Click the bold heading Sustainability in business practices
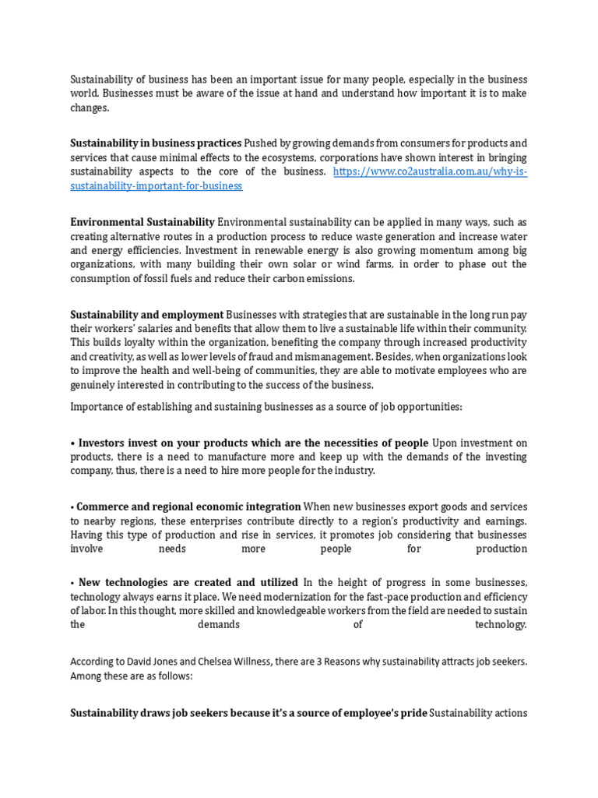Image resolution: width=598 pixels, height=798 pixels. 156,143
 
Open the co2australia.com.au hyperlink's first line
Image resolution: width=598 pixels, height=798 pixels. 430,171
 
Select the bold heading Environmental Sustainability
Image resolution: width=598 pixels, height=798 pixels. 142,222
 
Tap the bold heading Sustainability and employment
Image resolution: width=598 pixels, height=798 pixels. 147,315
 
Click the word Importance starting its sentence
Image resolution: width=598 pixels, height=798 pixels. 97,406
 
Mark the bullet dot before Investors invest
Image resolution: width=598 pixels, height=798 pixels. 72,443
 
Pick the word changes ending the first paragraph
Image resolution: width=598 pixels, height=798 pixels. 90,108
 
